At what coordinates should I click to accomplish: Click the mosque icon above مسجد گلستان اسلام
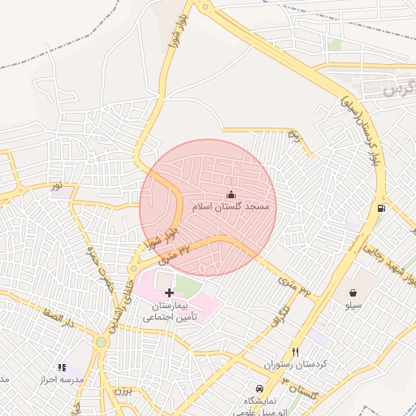(x=231, y=195)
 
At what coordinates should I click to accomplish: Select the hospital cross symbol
(x=169, y=292)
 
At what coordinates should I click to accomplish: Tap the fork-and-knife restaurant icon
(x=295, y=352)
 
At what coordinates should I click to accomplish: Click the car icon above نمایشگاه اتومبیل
(x=259, y=388)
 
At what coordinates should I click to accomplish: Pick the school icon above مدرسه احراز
(x=62, y=368)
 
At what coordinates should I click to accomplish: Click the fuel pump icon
(x=381, y=210)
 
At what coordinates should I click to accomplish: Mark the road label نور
(x=57, y=187)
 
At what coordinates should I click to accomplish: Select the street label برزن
(x=123, y=392)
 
